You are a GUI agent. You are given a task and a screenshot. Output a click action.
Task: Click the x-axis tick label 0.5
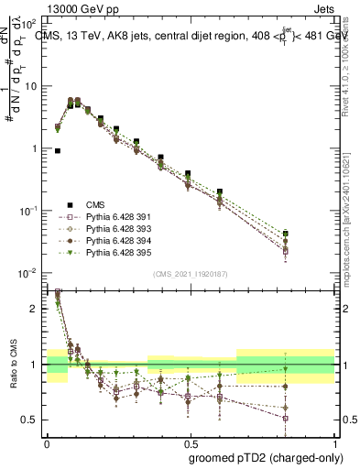point(190,441)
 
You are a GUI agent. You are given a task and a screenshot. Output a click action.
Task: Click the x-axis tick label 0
point(47,441)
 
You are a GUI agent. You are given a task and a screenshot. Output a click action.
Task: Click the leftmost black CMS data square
point(58,151)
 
